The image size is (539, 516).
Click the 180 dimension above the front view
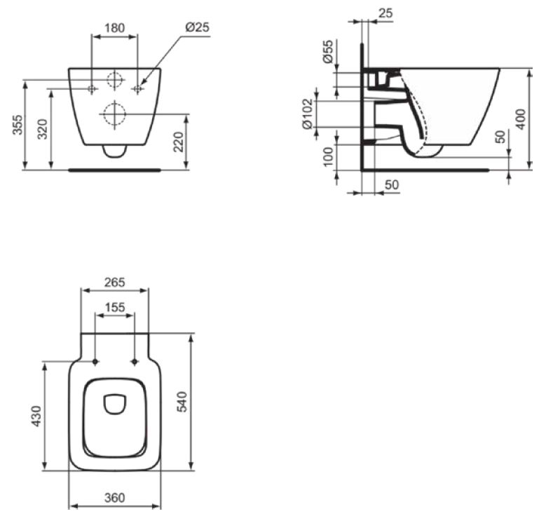tap(114, 28)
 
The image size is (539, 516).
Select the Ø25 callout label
tap(197, 28)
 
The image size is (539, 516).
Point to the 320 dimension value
tap(42, 128)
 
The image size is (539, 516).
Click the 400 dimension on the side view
tap(520, 118)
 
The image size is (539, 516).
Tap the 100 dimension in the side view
tap(328, 155)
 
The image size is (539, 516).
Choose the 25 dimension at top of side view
tap(384, 13)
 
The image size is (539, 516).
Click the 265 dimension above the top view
tap(114, 283)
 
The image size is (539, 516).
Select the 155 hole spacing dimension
tap(114, 307)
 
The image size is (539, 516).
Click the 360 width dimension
tap(114, 498)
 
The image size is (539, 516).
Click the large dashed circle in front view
tap(114, 114)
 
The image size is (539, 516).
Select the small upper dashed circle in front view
tap(114, 80)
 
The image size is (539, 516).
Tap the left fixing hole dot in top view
tap(95, 362)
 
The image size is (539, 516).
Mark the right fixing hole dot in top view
tap(134, 362)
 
